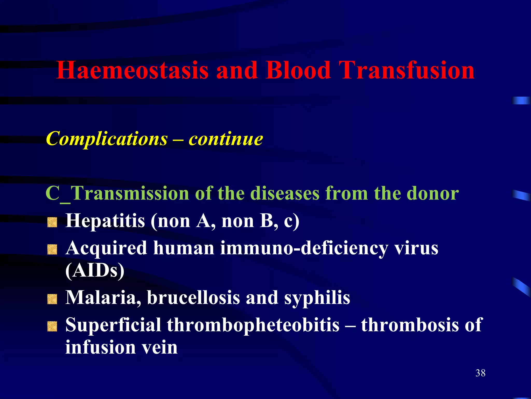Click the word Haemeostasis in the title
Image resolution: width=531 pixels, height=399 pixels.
(132, 70)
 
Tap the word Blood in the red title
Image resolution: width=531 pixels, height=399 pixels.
(298, 70)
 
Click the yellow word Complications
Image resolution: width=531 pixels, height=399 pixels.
(107, 139)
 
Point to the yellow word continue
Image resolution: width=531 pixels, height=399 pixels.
(226, 139)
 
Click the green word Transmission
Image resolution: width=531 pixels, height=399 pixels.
(130, 194)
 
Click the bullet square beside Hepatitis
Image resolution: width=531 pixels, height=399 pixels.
(52, 223)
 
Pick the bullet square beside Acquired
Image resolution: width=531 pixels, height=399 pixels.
(52, 250)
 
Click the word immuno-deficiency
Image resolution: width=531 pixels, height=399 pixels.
(304, 248)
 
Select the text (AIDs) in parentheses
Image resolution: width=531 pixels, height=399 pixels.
(95, 271)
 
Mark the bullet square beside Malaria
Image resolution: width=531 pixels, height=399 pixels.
(52, 299)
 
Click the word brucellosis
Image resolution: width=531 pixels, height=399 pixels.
(193, 297)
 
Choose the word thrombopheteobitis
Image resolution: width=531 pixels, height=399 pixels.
(253, 325)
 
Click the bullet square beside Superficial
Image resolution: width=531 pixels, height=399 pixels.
(52, 327)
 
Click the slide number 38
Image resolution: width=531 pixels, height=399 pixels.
(480, 373)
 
